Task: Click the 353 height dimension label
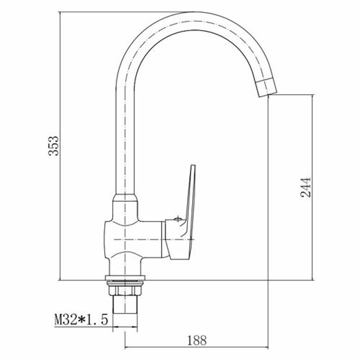54,146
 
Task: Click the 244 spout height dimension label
306,187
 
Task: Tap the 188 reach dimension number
197,341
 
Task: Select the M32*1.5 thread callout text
81,319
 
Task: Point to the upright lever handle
191,202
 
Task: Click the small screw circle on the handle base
178,219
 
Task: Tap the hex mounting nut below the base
125,290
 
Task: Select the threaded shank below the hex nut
125,305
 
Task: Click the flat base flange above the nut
125,278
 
